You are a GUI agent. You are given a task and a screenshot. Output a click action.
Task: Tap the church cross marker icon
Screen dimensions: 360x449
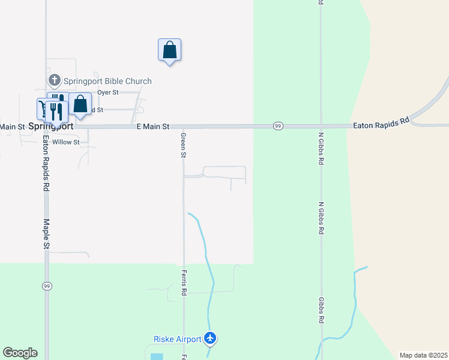54,80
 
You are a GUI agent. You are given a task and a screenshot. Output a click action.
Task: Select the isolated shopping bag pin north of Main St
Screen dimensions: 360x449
169,50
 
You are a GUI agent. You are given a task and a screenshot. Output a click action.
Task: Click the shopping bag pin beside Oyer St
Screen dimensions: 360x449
80,104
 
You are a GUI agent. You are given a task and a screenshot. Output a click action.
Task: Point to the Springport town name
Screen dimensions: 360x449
51,127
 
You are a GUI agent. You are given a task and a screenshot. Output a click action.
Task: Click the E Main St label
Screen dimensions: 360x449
153,127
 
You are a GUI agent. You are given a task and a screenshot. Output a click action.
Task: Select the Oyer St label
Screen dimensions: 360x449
108,92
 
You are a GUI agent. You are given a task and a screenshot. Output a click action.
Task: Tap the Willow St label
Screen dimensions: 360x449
65,142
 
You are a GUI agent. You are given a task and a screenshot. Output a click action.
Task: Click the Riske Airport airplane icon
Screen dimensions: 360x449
210,339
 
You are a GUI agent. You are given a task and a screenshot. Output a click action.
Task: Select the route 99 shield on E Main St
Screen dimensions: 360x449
278,126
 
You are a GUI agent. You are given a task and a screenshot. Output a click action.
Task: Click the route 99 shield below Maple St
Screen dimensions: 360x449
46,286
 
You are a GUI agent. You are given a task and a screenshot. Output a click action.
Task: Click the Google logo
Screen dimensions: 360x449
20,353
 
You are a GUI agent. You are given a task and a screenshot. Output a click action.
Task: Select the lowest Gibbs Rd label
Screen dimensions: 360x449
321,310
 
